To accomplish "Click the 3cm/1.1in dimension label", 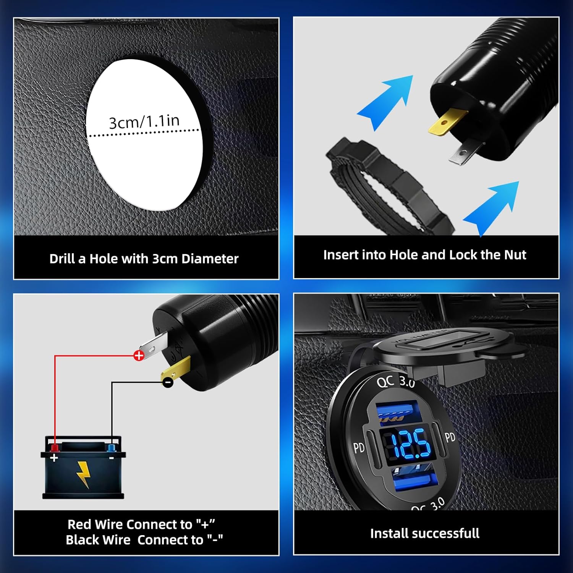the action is click(x=144, y=122).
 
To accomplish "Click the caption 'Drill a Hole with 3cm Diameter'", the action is click(x=144, y=259).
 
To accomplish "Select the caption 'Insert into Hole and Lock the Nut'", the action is click(x=425, y=255).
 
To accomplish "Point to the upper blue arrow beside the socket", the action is click(x=386, y=101).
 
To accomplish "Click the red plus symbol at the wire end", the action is click(x=139, y=356).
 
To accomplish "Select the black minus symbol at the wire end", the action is click(x=168, y=382).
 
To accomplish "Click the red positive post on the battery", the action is click(x=55, y=447).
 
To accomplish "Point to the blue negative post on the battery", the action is click(x=112, y=448).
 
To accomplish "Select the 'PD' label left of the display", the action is click(x=359, y=448).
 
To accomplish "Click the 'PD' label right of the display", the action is click(x=450, y=437).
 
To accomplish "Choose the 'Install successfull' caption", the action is click(x=425, y=533).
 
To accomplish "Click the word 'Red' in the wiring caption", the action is click(x=79, y=524).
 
